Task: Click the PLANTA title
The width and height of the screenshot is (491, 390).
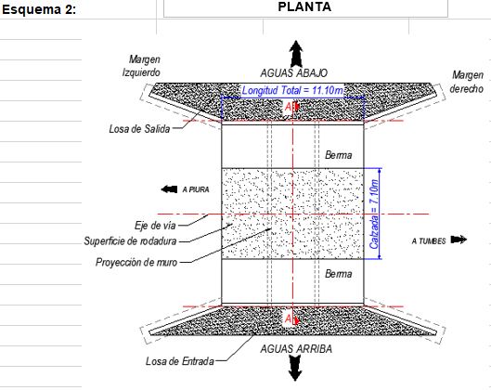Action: tap(304, 6)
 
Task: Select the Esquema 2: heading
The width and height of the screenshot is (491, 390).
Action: tap(39, 9)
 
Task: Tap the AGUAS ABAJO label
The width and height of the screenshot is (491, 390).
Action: tap(293, 73)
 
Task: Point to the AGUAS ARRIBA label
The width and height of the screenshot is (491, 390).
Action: tap(296, 348)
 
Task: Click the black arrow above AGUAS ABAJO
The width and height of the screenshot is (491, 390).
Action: tap(295, 54)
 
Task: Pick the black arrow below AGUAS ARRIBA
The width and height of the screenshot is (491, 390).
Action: tap(295, 368)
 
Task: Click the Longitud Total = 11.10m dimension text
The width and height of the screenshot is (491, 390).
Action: tap(292, 90)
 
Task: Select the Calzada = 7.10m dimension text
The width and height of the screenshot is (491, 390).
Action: tap(374, 214)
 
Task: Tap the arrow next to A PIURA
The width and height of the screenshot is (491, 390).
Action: tap(169, 189)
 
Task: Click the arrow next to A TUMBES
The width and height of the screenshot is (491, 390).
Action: tap(459, 240)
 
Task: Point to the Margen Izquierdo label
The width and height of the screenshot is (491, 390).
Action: tap(141, 66)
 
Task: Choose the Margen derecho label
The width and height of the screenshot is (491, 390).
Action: tap(467, 82)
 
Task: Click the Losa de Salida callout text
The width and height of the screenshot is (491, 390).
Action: tap(139, 129)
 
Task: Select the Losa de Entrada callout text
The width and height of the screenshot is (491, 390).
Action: tap(180, 361)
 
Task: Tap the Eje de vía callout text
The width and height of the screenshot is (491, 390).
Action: tap(155, 226)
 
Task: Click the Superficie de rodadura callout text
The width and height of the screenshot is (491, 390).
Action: tap(130, 240)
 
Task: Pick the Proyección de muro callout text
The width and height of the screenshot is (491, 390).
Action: tap(136, 262)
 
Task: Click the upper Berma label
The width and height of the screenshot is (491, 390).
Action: tap(338, 155)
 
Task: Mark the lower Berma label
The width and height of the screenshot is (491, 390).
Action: tap(338, 274)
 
